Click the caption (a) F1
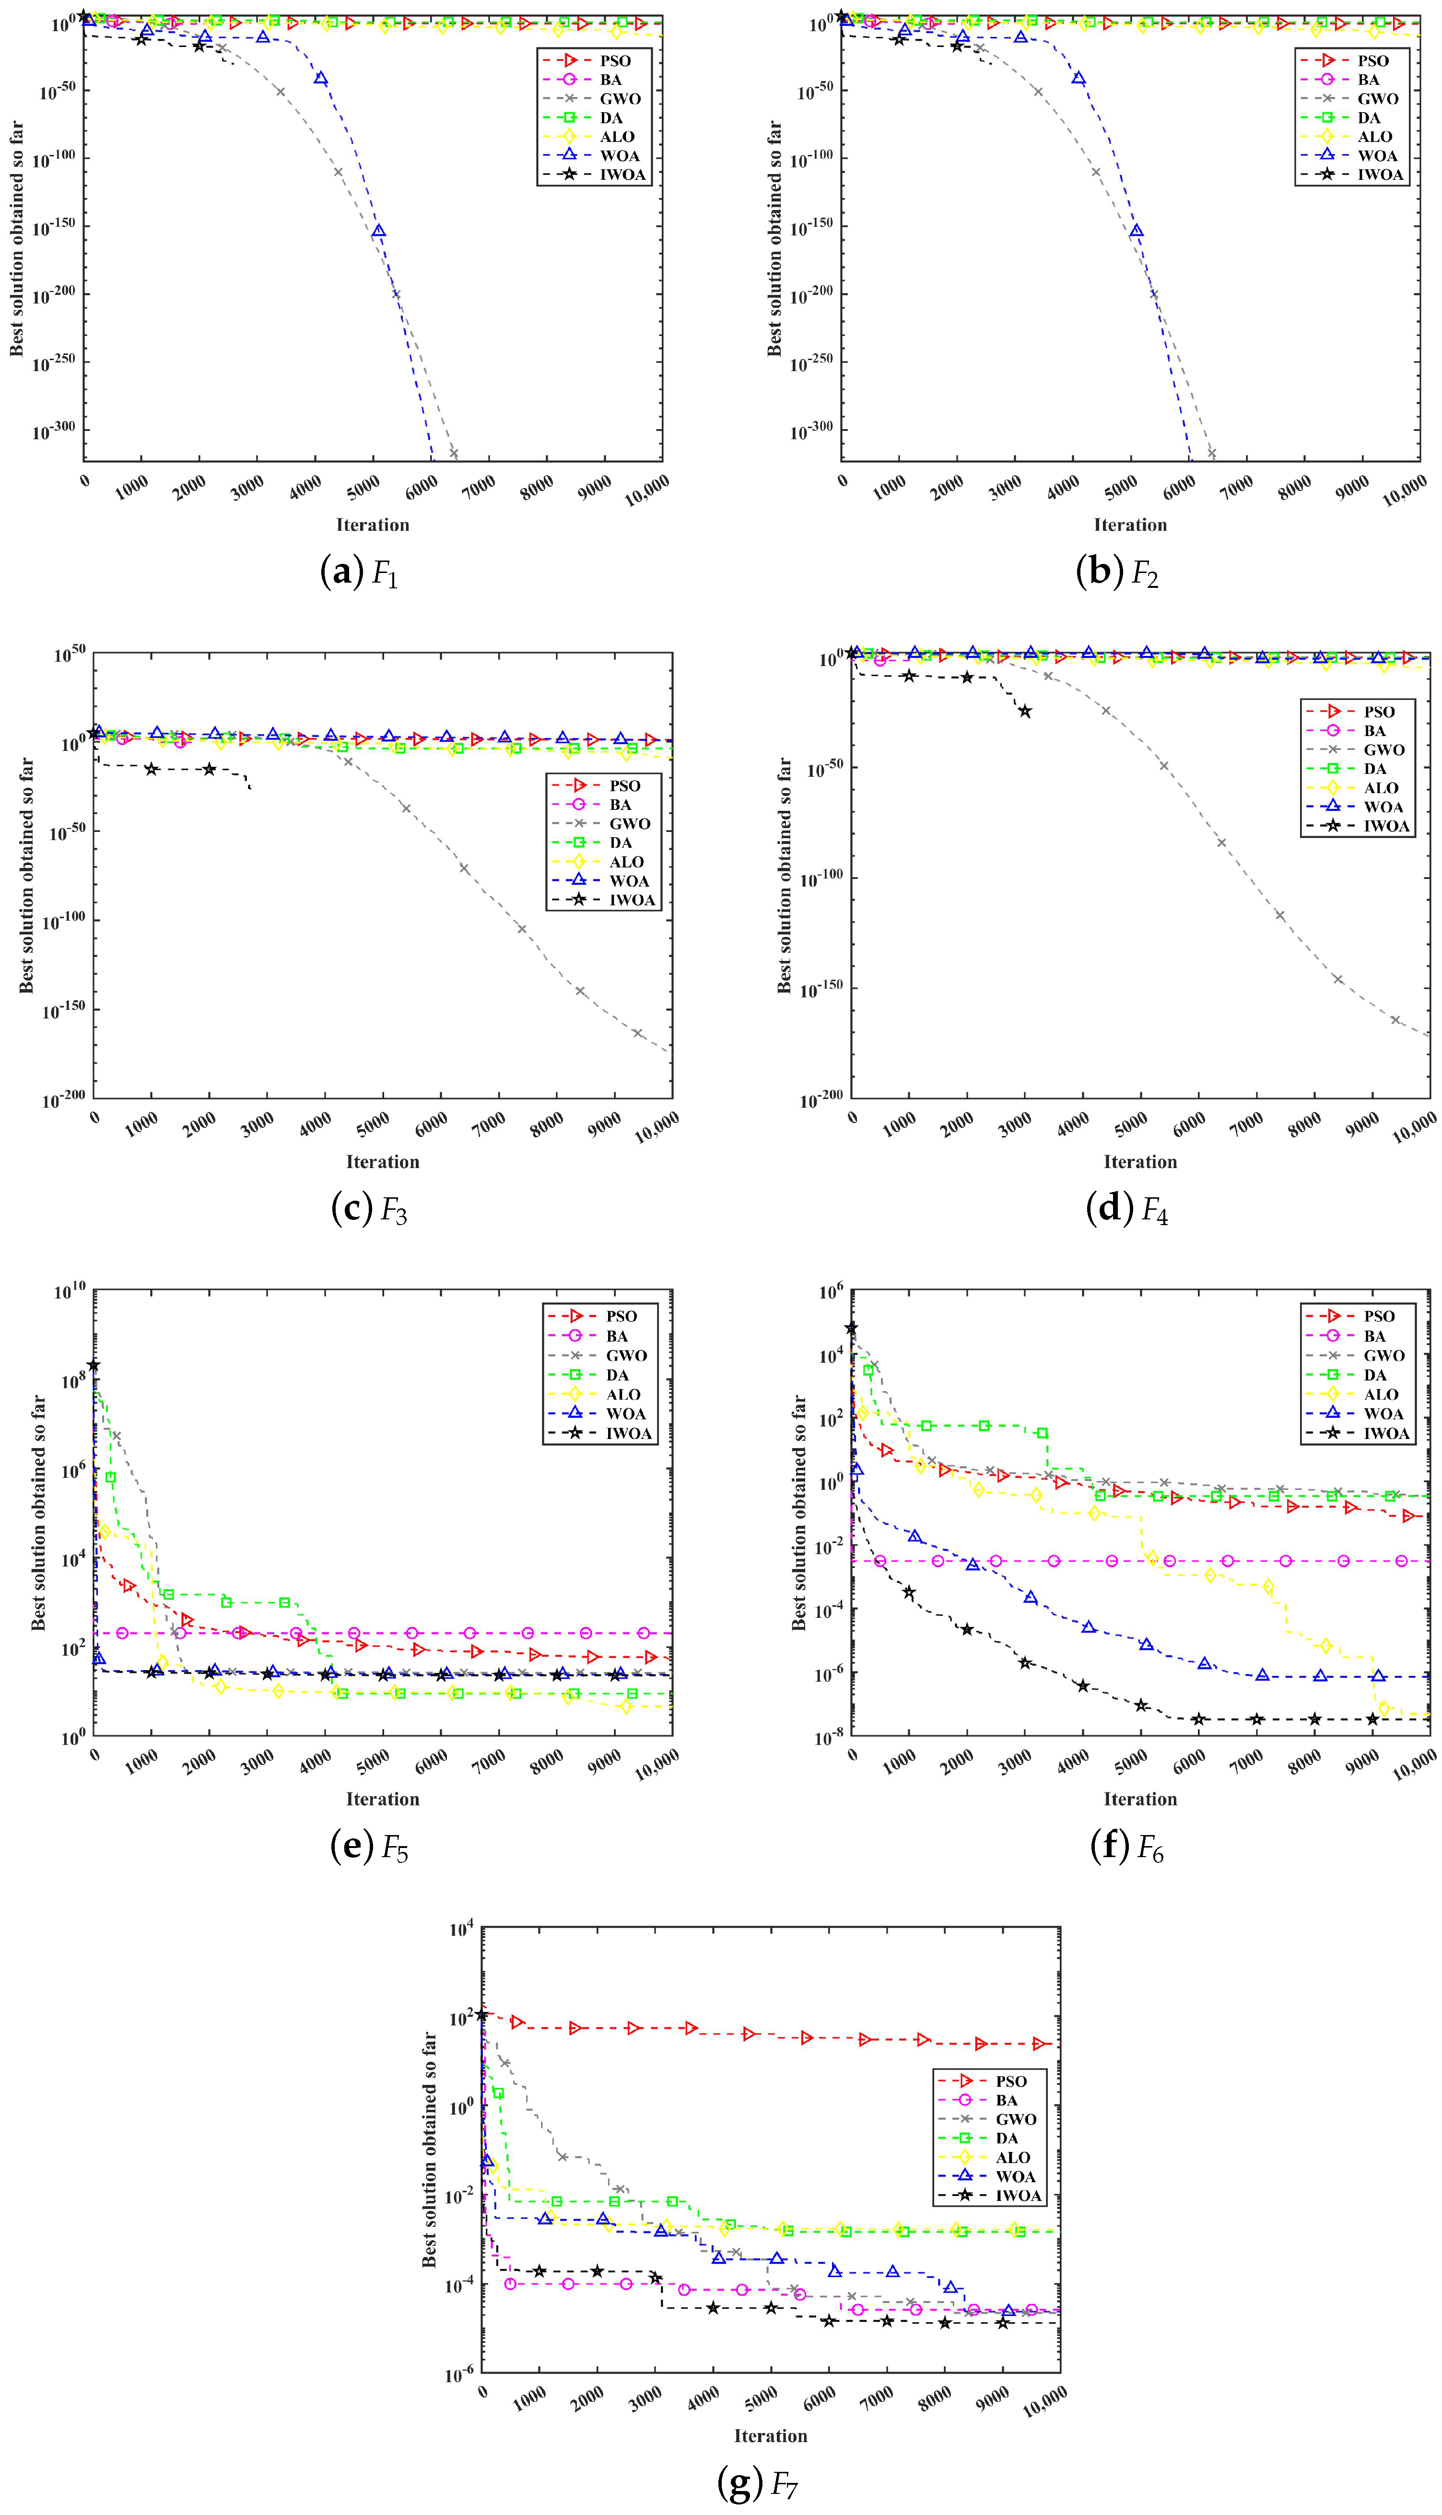tap(360, 573)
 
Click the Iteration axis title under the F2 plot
tap(1130, 525)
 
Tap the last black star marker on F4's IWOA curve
tap(1025, 711)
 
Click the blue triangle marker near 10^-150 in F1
tap(378, 232)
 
